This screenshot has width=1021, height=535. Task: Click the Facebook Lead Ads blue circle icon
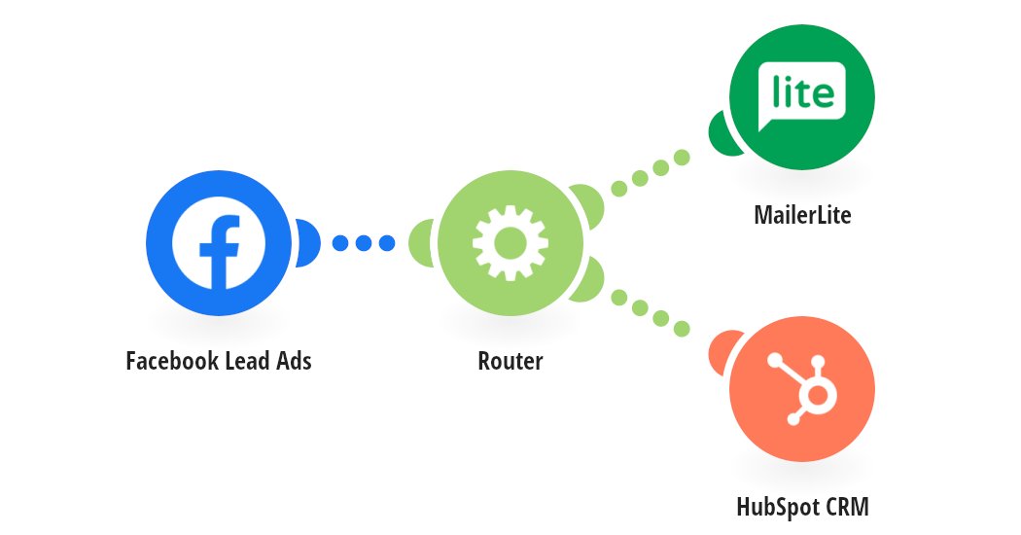[x=218, y=242]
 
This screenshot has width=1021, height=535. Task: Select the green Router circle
[x=510, y=242]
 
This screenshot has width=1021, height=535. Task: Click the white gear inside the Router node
[x=510, y=242]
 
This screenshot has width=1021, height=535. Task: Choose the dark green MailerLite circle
[x=801, y=97]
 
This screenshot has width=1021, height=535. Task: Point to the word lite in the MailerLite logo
[x=802, y=93]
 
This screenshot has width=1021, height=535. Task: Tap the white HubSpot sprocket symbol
[x=805, y=388]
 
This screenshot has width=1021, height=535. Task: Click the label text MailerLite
[x=801, y=215]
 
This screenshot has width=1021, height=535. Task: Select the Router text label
[x=510, y=361]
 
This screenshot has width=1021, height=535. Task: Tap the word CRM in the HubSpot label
[x=844, y=507]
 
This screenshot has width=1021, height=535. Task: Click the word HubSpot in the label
[x=776, y=507]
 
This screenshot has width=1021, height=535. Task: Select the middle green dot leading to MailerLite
[x=640, y=178]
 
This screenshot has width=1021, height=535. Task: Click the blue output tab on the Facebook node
[x=307, y=242]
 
